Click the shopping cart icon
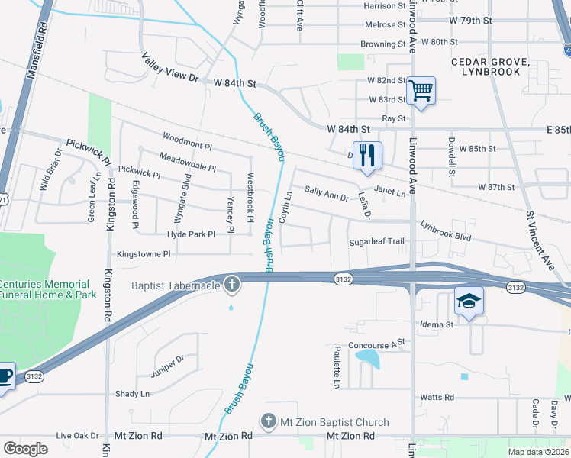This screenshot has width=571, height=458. click(x=421, y=91)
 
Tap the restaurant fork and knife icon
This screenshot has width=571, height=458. click(x=367, y=155)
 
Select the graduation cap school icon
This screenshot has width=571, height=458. click(x=469, y=302)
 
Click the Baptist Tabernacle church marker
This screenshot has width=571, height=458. click(x=232, y=285)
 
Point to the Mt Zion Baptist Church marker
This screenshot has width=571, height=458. click(x=268, y=422)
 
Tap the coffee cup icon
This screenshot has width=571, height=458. click(x=4, y=376)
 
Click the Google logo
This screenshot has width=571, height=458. click(x=26, y=449)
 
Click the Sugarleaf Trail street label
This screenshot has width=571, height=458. click(x=376, y=241)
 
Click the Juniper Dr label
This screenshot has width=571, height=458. click(x=169, y=358)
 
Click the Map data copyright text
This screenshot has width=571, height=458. click(x=537, y=452)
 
